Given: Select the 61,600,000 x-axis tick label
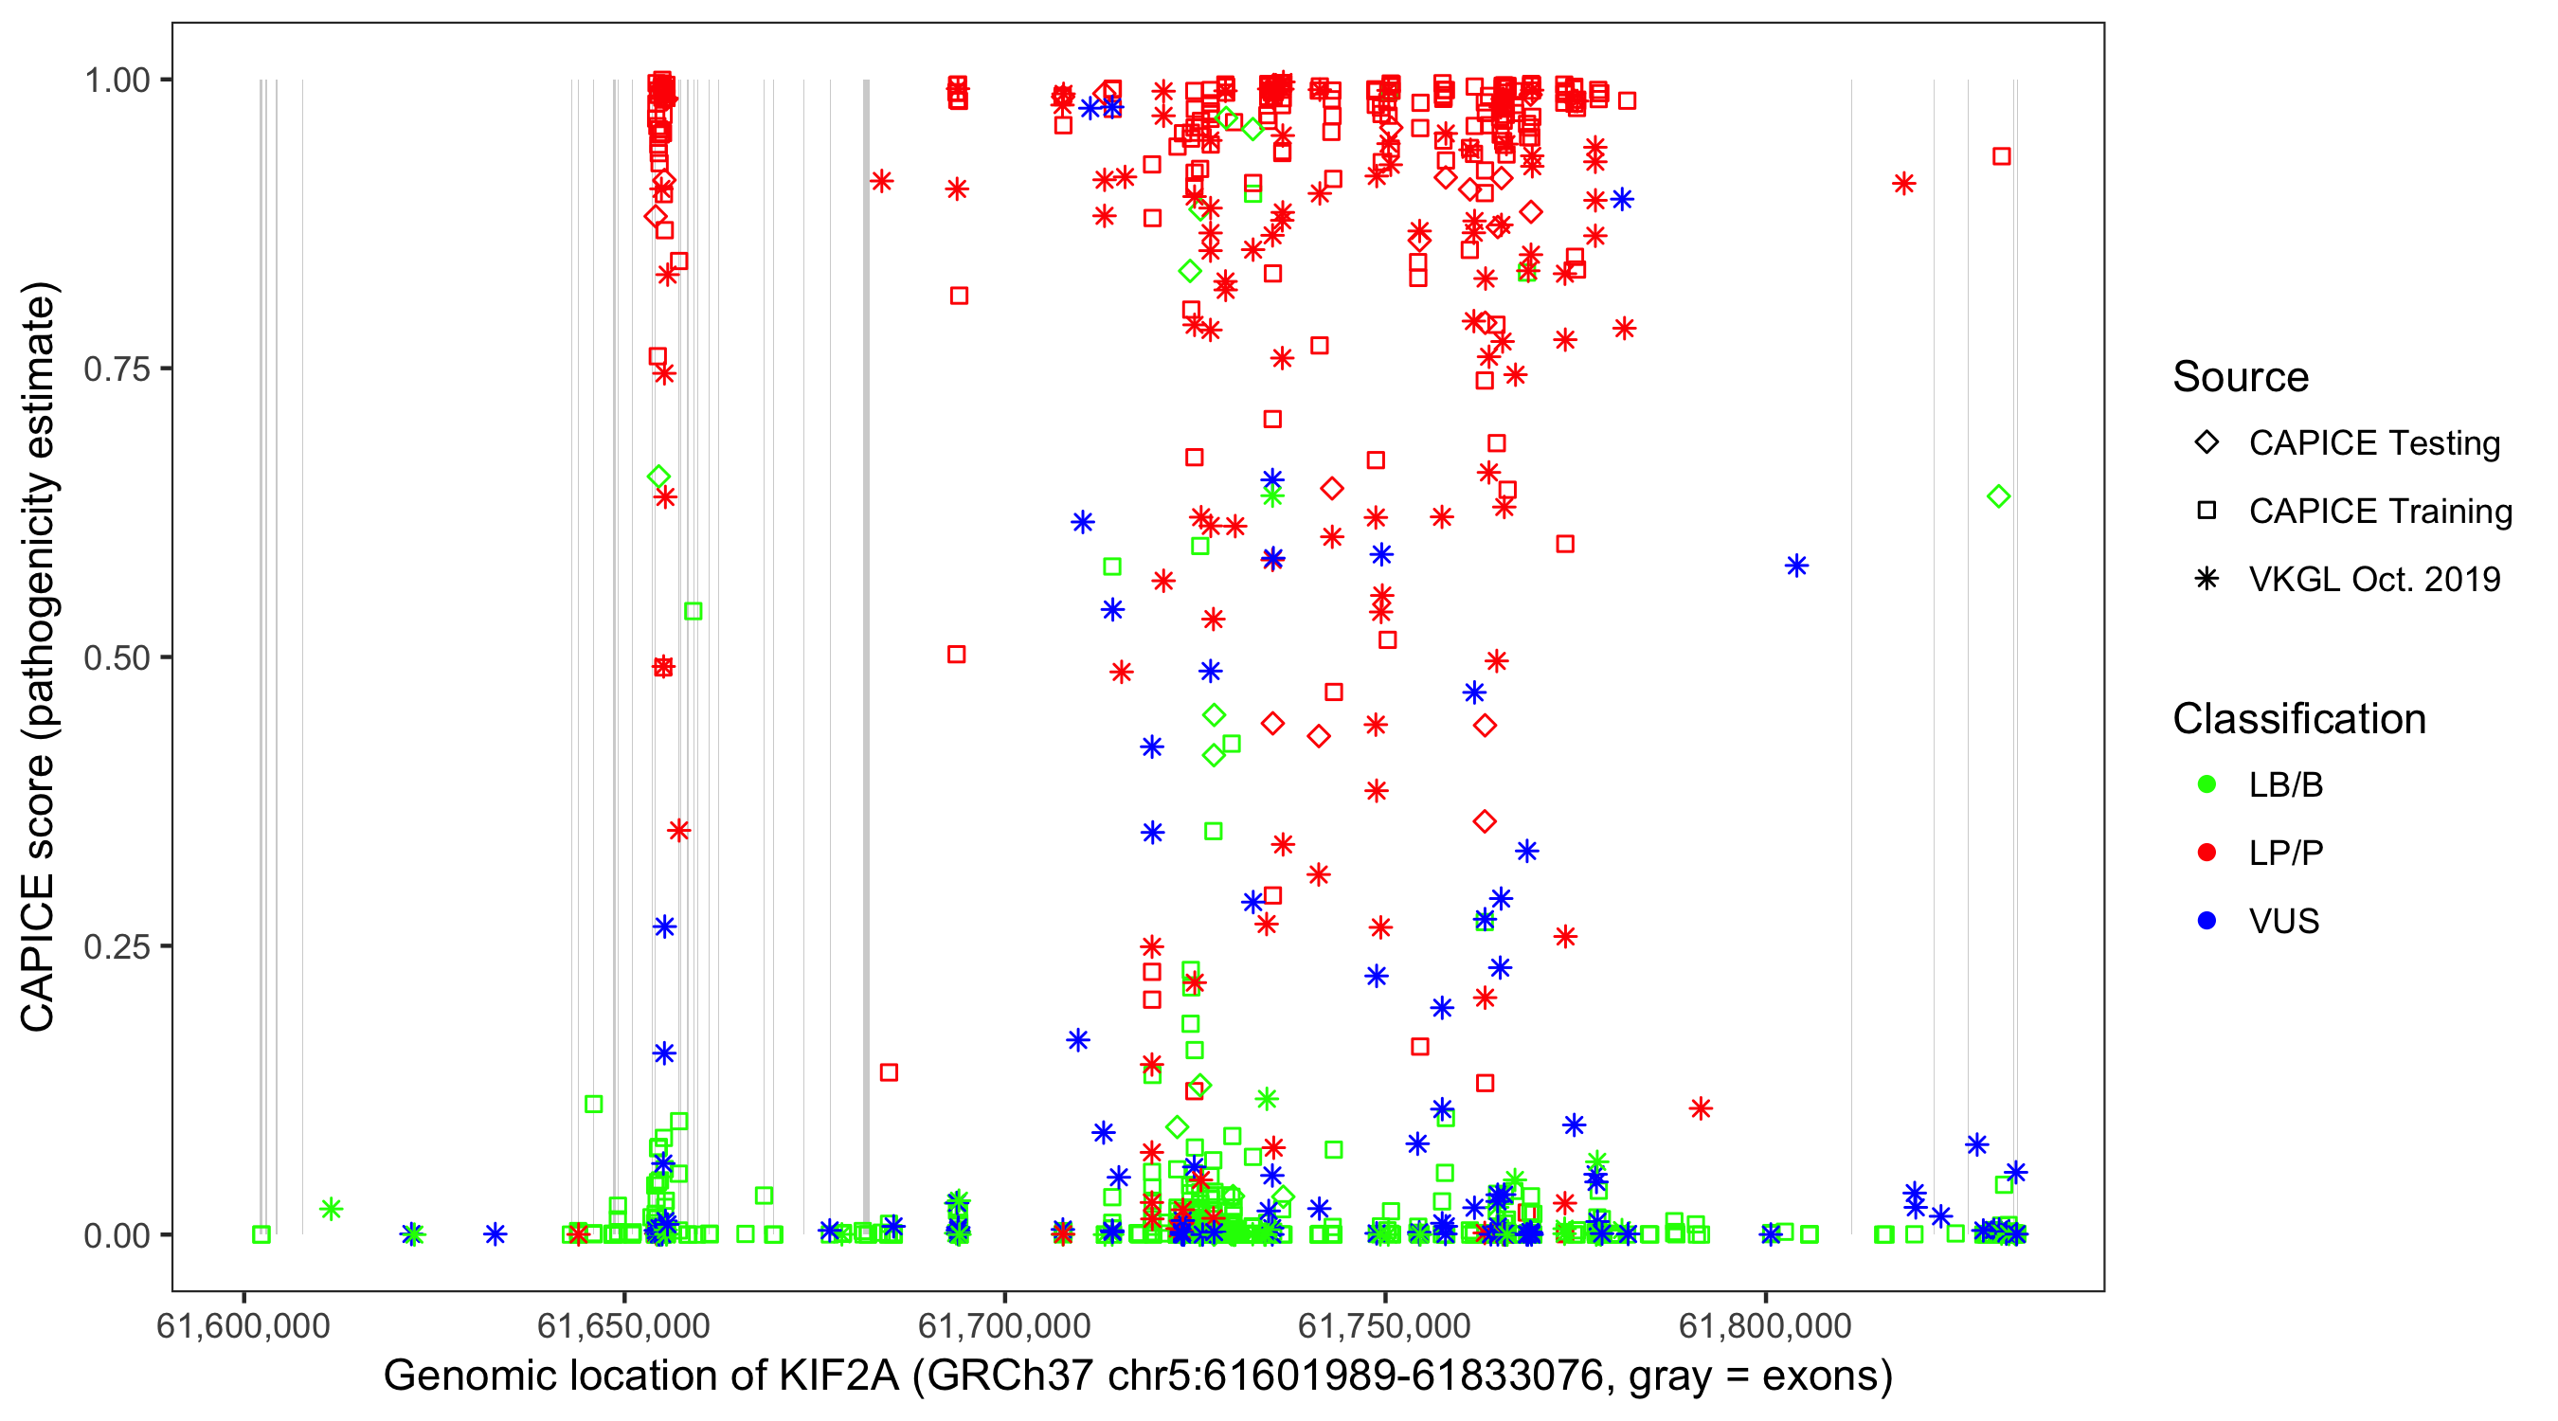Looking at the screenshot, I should (x=243, y=1325).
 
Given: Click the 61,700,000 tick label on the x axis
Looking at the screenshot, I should (x=1004, y=1325).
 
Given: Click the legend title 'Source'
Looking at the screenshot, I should (x=2241, y=377).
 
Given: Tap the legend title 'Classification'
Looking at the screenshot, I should (x=2298, y=719).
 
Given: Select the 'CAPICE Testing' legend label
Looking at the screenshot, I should (x=2374, y=443).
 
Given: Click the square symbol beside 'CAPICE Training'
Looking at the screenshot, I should (x=2207, y=512).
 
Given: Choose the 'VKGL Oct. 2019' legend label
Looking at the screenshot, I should (x=2374, y=580).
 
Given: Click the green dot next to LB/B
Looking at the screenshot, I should (x=2207, y=784).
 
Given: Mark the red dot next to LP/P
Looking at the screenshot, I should (x=2207, y=853).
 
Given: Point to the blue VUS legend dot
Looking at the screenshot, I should (x=2207, y=922).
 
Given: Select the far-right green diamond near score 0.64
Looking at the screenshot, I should (x=1999, y=496).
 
